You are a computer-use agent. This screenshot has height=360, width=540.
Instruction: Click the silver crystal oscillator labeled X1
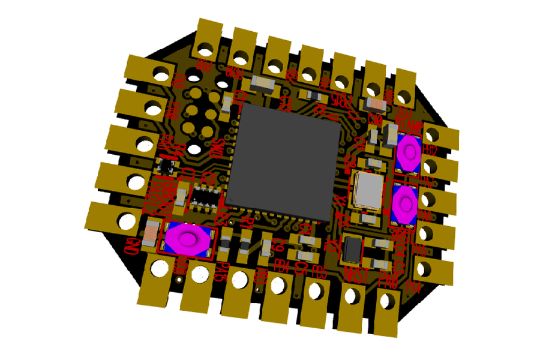click(x=367, y=190)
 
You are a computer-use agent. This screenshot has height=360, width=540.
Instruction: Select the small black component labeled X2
click(x=353, y=248)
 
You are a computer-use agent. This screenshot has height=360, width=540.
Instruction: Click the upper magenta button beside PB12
click(x=409, y=152)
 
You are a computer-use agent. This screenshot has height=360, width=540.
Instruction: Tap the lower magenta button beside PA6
click(x=405, y=204)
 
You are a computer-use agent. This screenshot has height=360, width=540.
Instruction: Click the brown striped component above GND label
click(x=151, y=230)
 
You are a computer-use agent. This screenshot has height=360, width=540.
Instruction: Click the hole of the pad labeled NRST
click(x=352, y=296)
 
